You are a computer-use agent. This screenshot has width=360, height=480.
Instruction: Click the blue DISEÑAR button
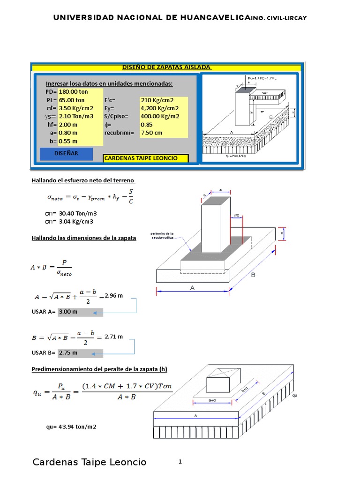click(66, 154)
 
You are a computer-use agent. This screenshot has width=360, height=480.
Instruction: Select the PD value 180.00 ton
click(73, 92)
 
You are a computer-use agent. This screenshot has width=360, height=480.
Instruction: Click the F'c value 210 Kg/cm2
click(157, 100)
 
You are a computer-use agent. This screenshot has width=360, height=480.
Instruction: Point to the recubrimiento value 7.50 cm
click(151, 133)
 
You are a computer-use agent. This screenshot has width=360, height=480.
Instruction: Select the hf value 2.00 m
click(68, 125)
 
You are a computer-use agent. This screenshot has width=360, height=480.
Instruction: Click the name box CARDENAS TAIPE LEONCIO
click(141, 158)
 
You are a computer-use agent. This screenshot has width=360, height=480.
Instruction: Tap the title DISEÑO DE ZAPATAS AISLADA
click(166, 67)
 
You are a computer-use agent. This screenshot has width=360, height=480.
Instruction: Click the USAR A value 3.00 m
click(68, 312)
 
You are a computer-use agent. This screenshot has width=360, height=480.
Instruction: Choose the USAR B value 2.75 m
click(68, 353)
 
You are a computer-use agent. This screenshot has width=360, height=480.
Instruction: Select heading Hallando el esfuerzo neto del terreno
click(83, 180)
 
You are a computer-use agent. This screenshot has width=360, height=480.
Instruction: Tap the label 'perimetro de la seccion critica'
click(162, 235)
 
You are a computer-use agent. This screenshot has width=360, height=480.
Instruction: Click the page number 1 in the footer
click(180, 462)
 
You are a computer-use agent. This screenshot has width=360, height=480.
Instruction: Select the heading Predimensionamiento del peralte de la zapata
click(99, 369)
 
